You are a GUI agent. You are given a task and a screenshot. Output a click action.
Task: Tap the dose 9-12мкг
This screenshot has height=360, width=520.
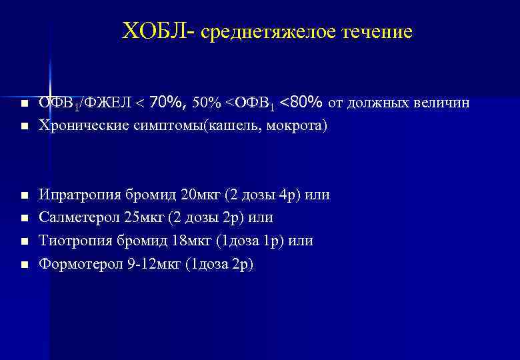point(155,264)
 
